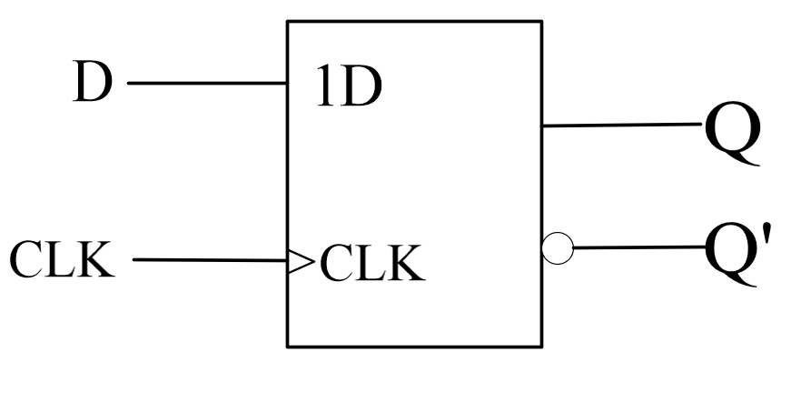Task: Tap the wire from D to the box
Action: [x=207, y=84]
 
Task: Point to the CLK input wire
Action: [x=209, y=261]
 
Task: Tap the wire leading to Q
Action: [x=622, y=126]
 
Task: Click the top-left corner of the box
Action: [x=289, y=21]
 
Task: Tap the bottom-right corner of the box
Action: [x=542, y=347]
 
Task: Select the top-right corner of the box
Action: [x=542, y=21]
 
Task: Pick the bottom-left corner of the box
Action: [x=289, y=347]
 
